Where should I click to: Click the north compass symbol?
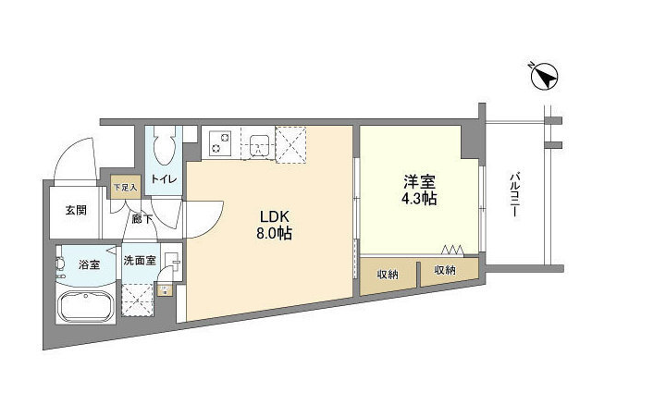(x=544, y=77)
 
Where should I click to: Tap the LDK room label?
(x=275, y=216)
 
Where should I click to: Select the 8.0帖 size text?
(x=275, y=233)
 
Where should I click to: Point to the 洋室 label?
(x=420, y=182)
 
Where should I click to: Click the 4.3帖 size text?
(x=420, y=199)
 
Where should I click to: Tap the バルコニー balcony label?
(x=515, y=194)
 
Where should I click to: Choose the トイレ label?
(x=164, y=179)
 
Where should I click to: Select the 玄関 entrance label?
(x=76, y=210)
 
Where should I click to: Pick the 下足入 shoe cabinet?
(x=125, y=188)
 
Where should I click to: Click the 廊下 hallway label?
(x=142, y=219)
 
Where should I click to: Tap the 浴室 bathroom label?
(x=89, y=264)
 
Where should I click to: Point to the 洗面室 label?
(x=140, y=260)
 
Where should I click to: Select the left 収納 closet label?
(x=388, y=275)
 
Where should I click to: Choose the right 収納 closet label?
(x=445, y=270)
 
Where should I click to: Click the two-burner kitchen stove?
(x=220, y=142)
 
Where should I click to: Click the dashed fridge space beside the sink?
(x=291, y=144)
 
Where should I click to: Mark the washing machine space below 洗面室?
(x=137, y=300)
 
